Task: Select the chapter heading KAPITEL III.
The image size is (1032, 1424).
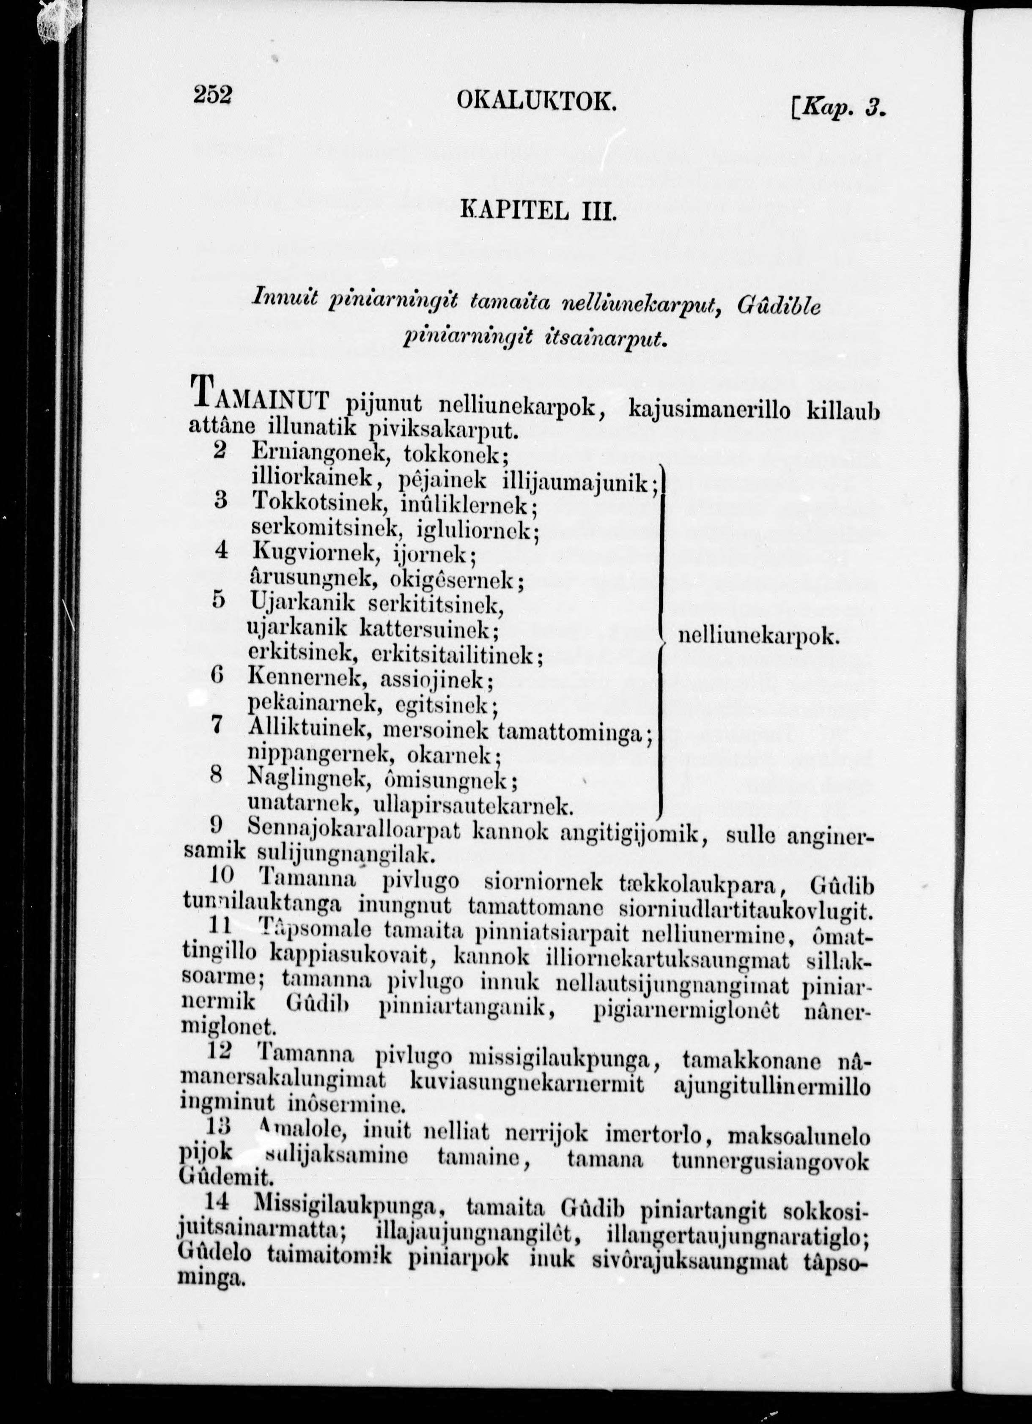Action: click(x=538, y=208)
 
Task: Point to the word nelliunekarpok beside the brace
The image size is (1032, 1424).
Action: click(x=758, y=637)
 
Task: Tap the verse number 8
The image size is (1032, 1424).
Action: click(x=217, y=776)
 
